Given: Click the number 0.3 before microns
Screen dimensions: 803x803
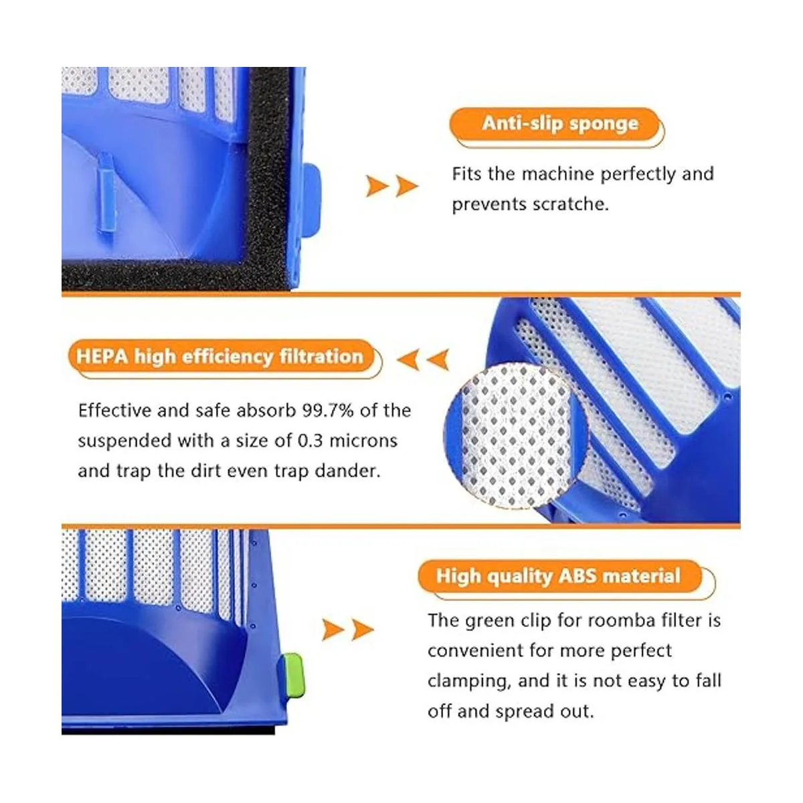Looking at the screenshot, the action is (310, 441).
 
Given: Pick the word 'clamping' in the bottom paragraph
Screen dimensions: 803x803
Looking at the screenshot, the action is (469, 682).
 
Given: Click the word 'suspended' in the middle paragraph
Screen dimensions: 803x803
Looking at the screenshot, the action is (124, 442).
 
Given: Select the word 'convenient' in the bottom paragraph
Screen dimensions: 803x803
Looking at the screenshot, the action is (474, 651).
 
